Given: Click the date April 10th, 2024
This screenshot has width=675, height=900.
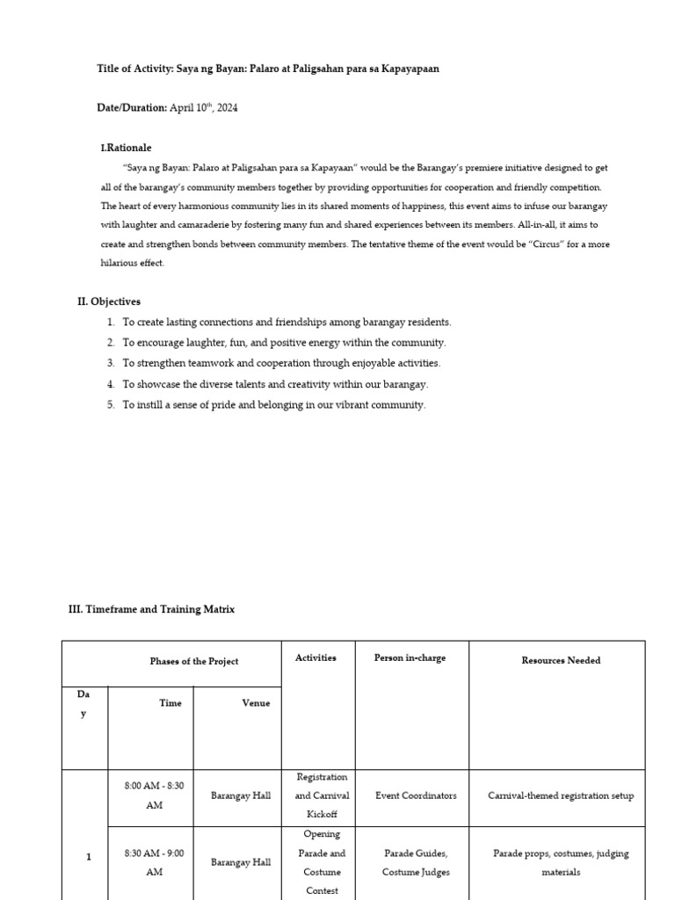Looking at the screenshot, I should (x=203, y=108).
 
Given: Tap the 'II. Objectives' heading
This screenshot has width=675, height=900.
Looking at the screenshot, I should (x=108, y=301).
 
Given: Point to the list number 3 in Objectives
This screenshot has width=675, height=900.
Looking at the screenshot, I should (x=112, y=363).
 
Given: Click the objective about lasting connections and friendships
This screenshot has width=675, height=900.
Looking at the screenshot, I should (x=287, y=323).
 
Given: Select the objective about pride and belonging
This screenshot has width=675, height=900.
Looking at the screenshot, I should (x=273, y=405).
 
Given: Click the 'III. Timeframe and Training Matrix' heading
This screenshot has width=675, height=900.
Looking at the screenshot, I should (x=151, y=609).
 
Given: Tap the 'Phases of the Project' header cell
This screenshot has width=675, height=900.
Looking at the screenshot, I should (x=193, y=661).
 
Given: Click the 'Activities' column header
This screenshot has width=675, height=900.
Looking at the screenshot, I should (x=316, y=657).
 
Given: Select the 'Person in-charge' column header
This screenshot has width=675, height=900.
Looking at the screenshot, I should (x=410, y=657).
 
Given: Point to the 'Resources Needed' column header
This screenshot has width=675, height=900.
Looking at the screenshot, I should (x=561, y=660).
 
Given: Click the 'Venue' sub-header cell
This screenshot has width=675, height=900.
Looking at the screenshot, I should (x=256, y=703).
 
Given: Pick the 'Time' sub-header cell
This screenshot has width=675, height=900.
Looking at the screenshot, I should (x=171, y=703).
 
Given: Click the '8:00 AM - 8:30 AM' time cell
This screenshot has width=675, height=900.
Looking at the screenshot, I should (x=154, y=795).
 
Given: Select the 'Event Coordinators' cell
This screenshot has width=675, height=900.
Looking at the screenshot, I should (x=416, y=795).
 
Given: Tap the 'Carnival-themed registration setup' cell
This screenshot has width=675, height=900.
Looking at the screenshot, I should (x=561, y=795).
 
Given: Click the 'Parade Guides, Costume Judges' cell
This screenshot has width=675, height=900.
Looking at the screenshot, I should (x=416, y=862).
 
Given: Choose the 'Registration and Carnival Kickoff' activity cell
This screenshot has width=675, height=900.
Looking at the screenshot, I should (x=322, y=795).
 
